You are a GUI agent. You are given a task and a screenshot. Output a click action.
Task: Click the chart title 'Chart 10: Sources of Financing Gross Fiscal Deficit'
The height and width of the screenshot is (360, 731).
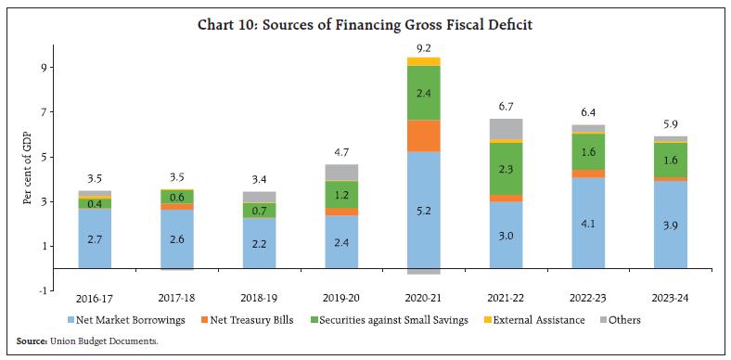[x=365, y=24]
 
